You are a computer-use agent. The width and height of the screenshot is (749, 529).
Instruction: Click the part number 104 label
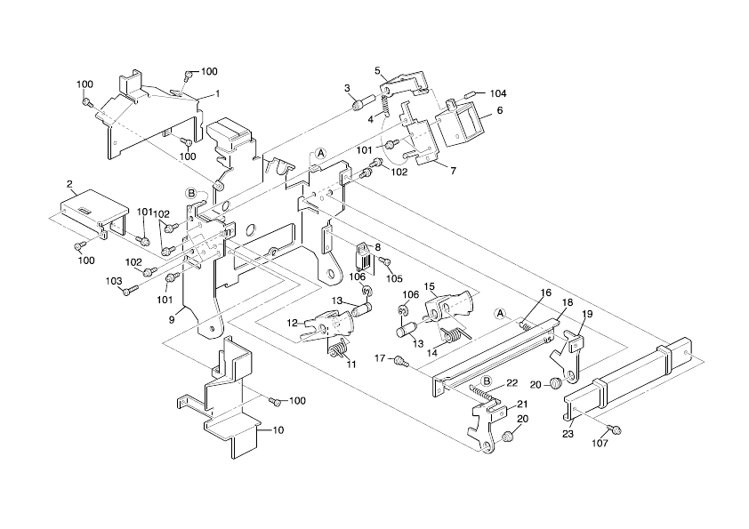pos(498,93)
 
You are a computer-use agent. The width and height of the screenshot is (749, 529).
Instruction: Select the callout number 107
pos(600,444)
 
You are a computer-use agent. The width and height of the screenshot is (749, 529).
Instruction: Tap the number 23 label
pos(568,434)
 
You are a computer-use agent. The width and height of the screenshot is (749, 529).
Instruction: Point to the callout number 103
pos(114,281)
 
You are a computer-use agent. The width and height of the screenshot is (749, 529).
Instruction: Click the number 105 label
pos(395,279)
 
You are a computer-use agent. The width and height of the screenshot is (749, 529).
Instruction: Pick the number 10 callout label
pos(278,430)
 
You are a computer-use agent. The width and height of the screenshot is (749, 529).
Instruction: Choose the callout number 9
pos(172,320)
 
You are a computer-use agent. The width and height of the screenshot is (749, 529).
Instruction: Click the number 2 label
pos(69,184)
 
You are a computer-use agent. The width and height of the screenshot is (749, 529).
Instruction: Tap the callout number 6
pos(500,110)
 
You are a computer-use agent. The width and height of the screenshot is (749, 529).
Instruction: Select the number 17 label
pos(380,357)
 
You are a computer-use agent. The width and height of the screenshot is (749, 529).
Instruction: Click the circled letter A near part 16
pos(500,313)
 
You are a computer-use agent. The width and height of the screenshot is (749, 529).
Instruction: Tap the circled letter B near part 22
pos(486,381)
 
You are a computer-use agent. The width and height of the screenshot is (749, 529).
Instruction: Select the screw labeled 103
pos(131,289)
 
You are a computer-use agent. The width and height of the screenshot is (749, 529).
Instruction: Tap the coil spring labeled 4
pos(386,106)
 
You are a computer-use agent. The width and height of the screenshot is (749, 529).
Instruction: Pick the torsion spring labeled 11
pos(338,350)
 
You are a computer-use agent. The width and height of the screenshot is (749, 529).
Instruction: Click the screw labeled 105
pos(386,260)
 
